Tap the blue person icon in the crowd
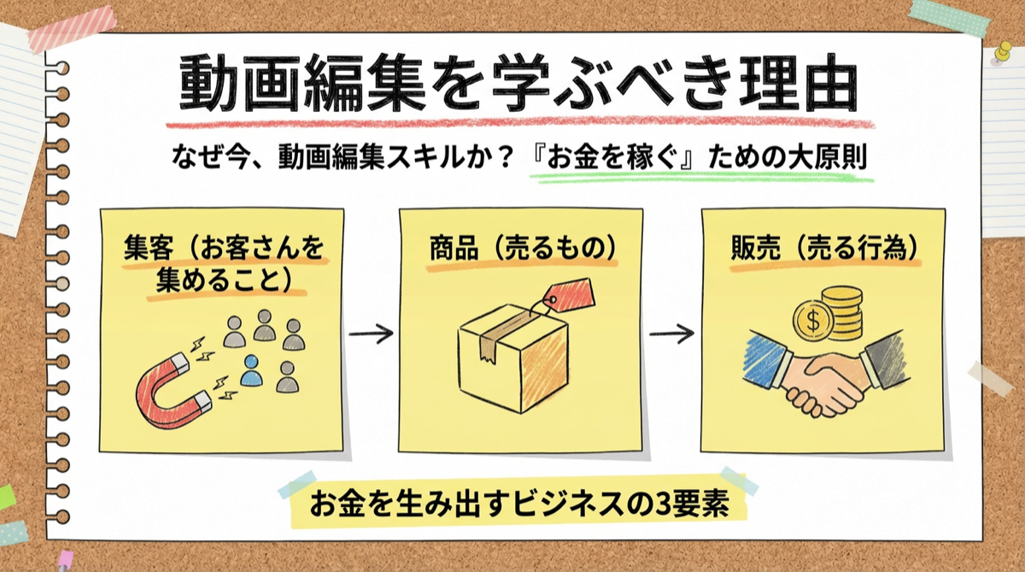(251, 369)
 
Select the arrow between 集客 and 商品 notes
(371, 333)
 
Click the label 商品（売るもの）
(522, 249)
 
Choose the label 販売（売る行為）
(824, 249)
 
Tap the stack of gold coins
(840, 313)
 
